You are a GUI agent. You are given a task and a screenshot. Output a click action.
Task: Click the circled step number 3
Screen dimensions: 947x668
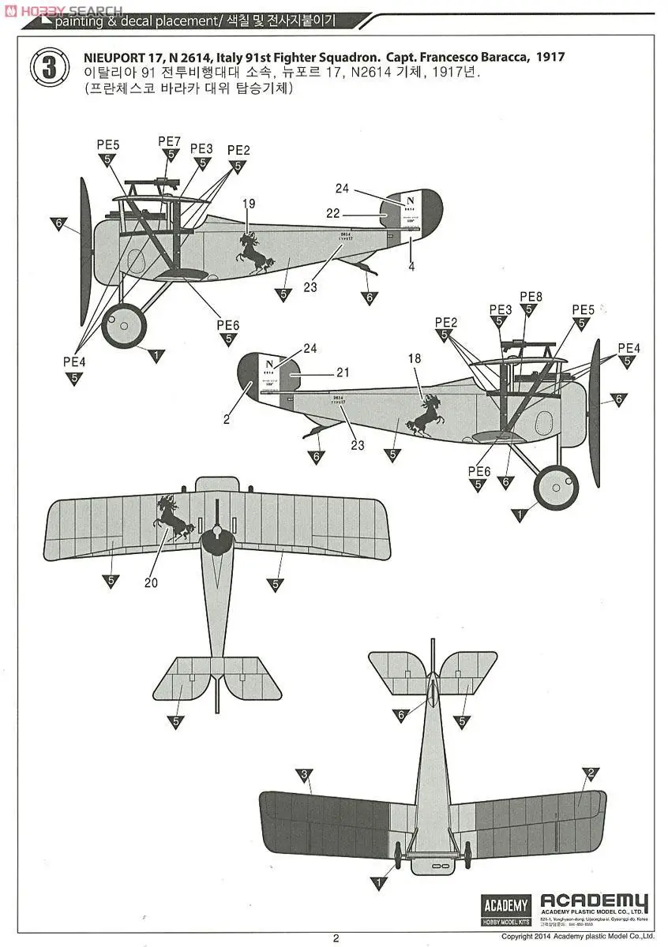(x=49, y=67)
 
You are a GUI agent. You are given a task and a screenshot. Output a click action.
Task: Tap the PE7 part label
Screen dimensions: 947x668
(x=170, y=141)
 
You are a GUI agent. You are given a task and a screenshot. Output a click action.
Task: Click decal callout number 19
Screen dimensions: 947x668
(x=249, y=204)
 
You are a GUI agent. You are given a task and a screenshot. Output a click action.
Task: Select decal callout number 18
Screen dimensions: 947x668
(x=415, y=359)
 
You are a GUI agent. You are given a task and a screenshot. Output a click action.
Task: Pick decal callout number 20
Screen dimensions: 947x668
(x=152, y=583)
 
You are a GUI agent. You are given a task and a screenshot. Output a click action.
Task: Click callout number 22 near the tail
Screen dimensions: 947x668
(x=332, y=213)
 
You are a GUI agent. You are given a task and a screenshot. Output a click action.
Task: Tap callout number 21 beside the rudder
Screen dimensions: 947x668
(x=342, y=372)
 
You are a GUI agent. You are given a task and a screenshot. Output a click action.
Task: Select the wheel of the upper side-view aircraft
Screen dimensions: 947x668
(x=124, y=325)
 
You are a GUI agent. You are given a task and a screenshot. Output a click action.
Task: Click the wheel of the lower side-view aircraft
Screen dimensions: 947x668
(x=556, y=488)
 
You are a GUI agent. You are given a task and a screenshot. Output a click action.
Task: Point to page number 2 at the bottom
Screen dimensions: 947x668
(x=336, y=938)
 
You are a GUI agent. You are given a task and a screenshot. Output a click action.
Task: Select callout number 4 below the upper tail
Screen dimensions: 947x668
(x=411, y=267)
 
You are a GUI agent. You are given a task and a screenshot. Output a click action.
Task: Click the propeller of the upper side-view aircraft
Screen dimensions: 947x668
(x=85, y=251)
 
